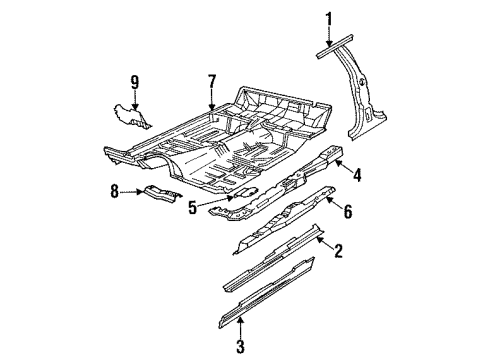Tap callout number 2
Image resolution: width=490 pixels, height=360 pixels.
338,252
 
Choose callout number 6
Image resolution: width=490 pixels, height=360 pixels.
349,211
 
